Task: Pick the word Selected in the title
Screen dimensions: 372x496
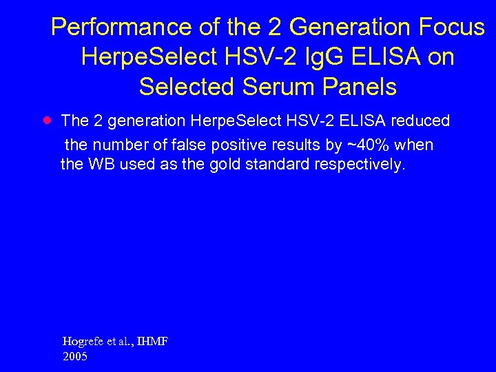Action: (x=181, y=87)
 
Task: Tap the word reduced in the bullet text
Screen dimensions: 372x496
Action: (x=420, y=121)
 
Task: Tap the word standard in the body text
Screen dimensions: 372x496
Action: (x=271, y=165)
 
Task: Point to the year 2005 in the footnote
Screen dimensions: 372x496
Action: (x=74, y=357)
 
